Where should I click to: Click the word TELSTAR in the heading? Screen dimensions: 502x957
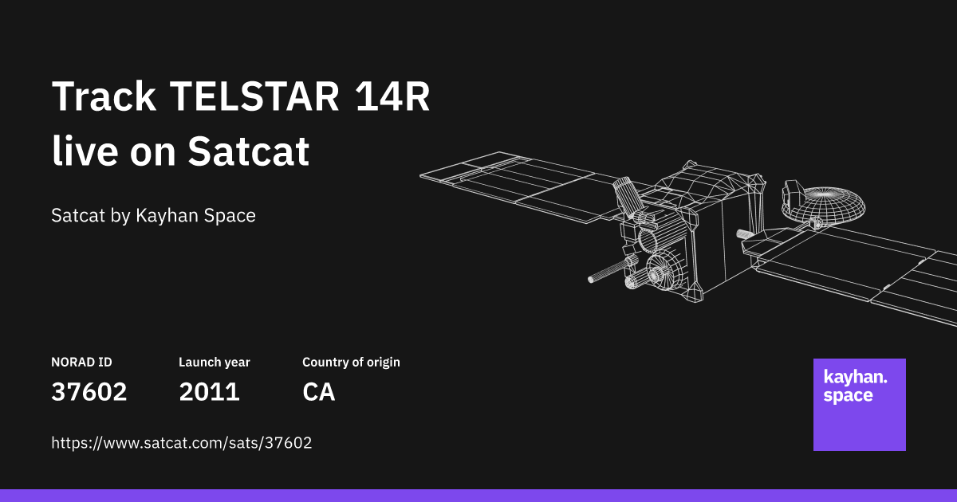coord(254,98)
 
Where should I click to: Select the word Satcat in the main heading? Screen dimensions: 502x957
coord(248,151)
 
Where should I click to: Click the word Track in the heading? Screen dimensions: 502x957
coord(104,98)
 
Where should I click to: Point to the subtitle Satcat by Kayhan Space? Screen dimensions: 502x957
coord(153,215)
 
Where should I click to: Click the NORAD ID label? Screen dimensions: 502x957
coord(81,362)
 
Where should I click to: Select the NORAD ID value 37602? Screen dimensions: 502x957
coord(89,392)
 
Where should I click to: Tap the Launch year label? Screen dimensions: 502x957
coord(214,362)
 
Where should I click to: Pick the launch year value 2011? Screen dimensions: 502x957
coord(209,392)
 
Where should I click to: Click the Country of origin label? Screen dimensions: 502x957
coord(351,362)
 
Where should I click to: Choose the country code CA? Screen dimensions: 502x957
coord(318,392)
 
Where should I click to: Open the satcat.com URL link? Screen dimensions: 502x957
coord(181,443)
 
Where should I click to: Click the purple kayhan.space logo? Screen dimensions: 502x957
coord(859,405)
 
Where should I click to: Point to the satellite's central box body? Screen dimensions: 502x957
coord(702,239)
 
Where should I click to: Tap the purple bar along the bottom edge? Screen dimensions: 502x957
coord(478,496)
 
